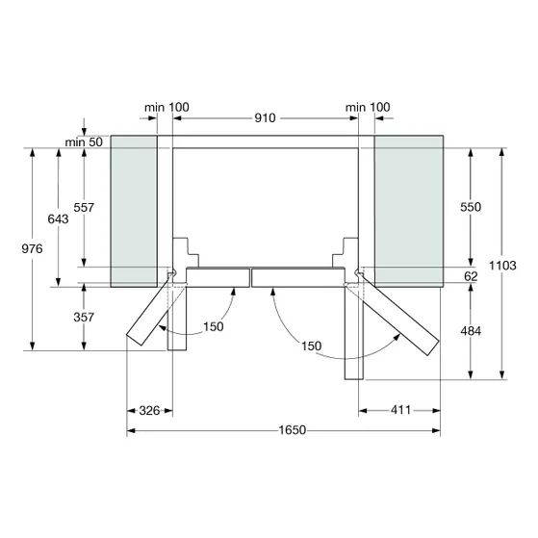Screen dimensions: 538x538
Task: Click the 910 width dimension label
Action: [265, 118]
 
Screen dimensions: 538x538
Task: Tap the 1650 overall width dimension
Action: [292, 430]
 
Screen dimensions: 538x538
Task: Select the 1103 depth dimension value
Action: [502, 266]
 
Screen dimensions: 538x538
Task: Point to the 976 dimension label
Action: [33, 248]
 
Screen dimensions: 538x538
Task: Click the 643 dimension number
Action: [58, 218]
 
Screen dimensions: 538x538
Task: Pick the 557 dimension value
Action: [84, 207]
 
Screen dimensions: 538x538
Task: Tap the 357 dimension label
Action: [84, 317]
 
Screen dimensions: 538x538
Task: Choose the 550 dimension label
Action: [471, 207]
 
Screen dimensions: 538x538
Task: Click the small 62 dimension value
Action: [471, 276]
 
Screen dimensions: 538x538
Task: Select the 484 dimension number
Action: [471, 331]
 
